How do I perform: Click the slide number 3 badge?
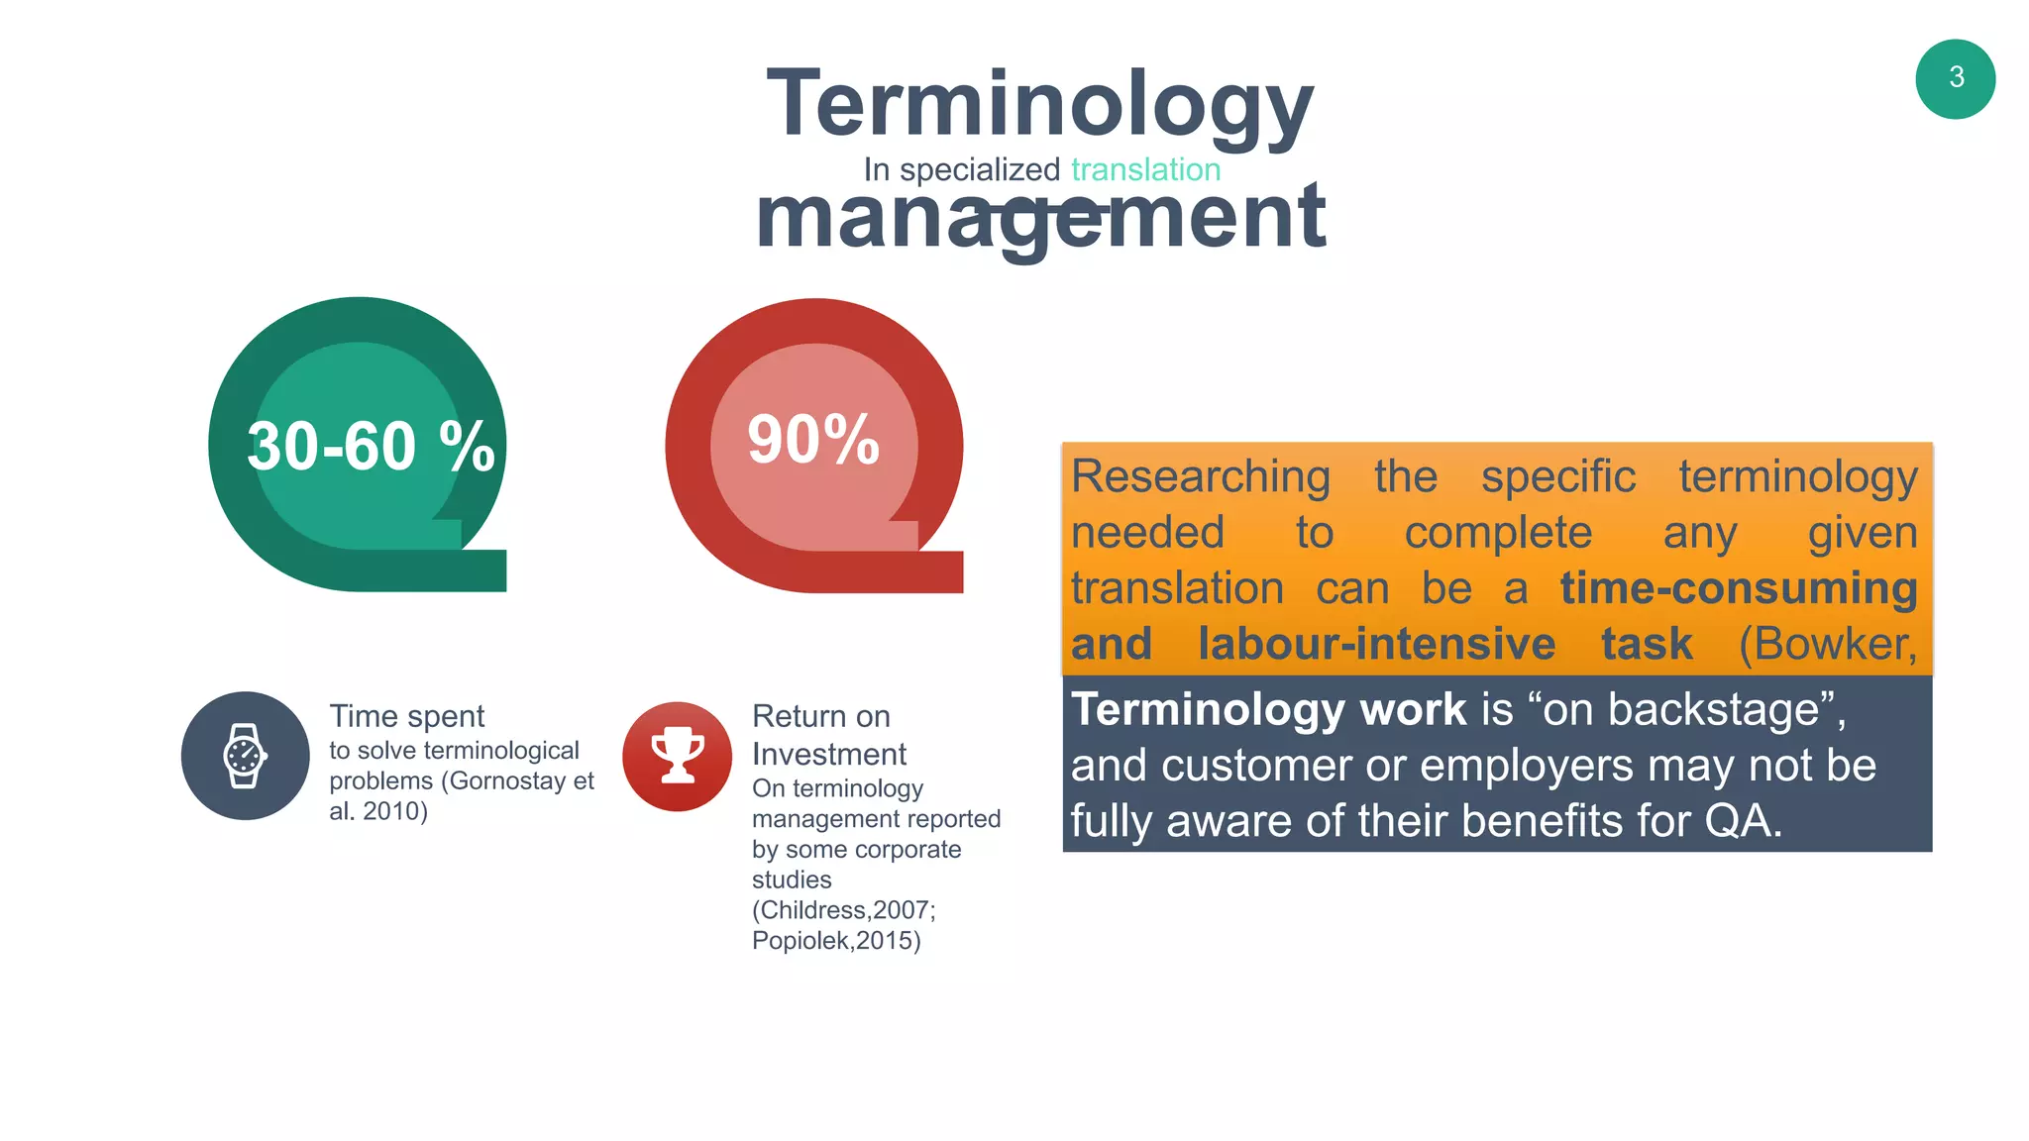1955,79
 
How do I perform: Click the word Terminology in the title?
1039,105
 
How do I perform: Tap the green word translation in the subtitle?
1145,169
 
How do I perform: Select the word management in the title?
1039,218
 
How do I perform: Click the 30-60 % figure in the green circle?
371,446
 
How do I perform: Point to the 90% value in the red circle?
813,440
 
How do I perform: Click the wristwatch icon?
245,756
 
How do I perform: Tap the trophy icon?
678,756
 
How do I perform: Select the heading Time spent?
406,716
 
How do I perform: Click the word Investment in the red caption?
828,754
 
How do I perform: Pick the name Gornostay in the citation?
509,780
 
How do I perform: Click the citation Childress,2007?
843,909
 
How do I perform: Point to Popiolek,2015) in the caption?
836,940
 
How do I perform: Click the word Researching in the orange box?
1201,476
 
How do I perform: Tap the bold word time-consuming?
1739,587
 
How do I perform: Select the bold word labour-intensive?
1376,644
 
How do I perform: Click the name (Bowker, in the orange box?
1828,644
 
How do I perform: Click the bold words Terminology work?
1268,709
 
